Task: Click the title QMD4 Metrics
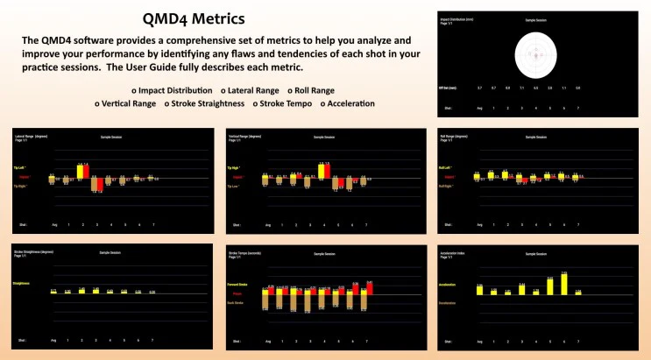(193, 18)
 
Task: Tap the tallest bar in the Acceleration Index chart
(564, 283)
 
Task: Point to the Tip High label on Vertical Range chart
(235, 167)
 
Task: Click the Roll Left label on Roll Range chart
(447, 167)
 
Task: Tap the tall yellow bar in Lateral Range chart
(82, 171)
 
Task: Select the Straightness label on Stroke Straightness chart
(22, 283)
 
